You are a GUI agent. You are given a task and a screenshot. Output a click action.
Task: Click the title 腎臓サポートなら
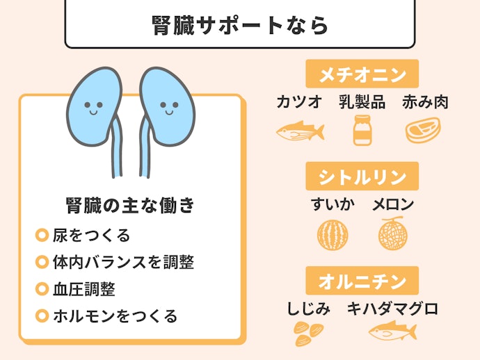pyautogui.click(x=240, y=25)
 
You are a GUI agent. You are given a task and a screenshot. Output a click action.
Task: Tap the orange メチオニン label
pyautogui.click(x=362, y=74)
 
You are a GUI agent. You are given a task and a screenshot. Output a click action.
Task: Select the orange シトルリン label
pyautogui.click(x=362, y=176)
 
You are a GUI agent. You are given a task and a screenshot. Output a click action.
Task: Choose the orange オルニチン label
pyautogui.click(x=362, y=281)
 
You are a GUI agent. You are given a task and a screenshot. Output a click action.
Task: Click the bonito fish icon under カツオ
pyautogui.click(x=300, y=131)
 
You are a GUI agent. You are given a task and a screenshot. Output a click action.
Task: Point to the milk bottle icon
pyautogui.click(x=362, y=130)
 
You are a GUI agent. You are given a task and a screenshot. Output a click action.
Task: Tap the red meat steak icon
pyautogui.click(x=423, y=130)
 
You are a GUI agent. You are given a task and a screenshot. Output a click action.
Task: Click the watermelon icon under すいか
pyautogui.click(x=333, y=235)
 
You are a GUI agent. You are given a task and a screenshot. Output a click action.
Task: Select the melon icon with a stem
pyautogui.click(x=393, y=234)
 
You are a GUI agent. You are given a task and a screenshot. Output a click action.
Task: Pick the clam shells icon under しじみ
pyautogui.click(x=309, y=334)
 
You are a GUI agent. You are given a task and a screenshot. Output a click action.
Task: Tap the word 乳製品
pyautogui.click(x=362, y=102)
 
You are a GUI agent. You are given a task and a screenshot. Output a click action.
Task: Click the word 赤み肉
pyautogui.click(x=425, y=102)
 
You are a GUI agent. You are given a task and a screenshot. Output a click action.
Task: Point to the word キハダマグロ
pyautogui.click(x=393, y=309)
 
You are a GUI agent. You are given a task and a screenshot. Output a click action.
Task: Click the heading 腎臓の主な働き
pyautogui.click(x=130, y=204)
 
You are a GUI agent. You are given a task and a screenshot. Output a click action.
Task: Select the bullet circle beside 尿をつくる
pyautogui.click(x=42, y=235)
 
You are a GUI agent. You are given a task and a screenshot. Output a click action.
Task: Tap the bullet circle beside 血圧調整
pyautogui.click(x=42, y=289)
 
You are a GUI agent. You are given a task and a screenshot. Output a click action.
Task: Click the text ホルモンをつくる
pyautogui.click(x=115, y=316)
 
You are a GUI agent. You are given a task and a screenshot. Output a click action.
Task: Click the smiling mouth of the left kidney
pyautogui.click(x=93, y=112)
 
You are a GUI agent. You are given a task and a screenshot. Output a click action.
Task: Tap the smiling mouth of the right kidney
pyautogui.click(x=169, y=112)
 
